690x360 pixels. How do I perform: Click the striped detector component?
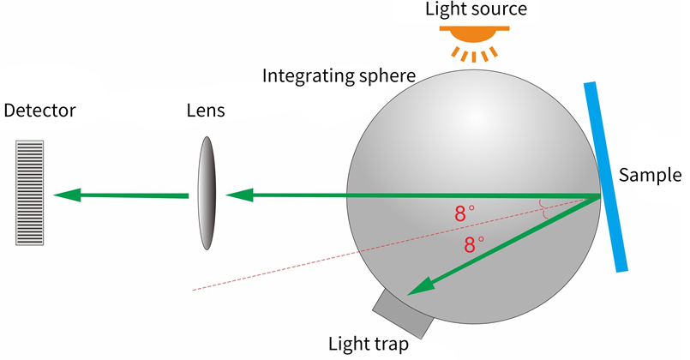point(30,193)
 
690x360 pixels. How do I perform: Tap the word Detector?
point(39,111)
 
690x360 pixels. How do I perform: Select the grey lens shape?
point(207,193)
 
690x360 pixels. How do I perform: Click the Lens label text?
point(206,111)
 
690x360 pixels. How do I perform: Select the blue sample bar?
point(605,177)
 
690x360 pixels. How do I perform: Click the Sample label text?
point(650,175)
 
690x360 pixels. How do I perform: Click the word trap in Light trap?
point(390,345)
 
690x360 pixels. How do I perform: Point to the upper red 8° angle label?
point(465,214)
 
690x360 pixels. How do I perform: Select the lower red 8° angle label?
point(474,244)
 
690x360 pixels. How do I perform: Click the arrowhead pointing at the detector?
point(67,195)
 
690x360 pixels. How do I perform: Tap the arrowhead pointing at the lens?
point(239,195)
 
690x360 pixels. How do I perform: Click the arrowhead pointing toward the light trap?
point(422,286)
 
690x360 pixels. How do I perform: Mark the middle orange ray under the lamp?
point(474,57)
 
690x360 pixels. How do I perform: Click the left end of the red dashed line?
point(193,290)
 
